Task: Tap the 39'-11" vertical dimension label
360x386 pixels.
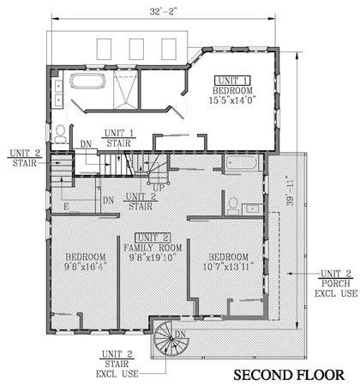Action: click(x=290, y=195)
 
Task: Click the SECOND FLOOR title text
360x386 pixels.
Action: click(x=290, y=375)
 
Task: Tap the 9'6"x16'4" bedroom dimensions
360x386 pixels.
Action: click(x=85, y=266)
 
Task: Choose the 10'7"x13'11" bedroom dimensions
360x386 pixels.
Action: click(x=228, y=266)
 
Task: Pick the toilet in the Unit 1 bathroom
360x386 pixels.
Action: click(x=61, y=133)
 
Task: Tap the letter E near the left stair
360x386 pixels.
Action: click(x=65, y=207)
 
